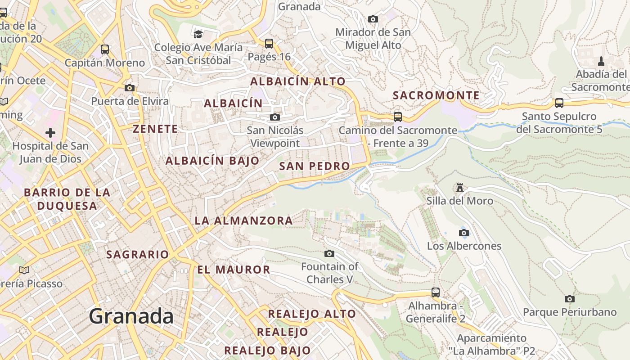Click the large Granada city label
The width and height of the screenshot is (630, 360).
pyautogui.click(x=131, y=316)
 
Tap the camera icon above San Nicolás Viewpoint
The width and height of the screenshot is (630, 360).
pyautogui.click(x=274, y=117)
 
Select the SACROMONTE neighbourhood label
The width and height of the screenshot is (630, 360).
pyautogui.click(x=436, y=95)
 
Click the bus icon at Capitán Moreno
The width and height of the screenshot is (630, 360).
pyautogui.click(x=105, y=49)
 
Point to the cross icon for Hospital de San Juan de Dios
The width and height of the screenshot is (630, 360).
pyautogui.click(x=50, y=133)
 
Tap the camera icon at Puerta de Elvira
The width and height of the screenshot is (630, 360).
pyautogui.click(x=130, y=88)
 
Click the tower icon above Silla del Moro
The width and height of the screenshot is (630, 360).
pyautogui.click(x=459, y=187)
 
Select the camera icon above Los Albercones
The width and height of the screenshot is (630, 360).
pyautogui.click(x=463, y=233)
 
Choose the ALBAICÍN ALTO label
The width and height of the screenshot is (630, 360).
pyautogui.click(x=298, y=81)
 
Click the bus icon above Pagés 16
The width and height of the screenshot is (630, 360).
pyautogui.click(x=269, y=44)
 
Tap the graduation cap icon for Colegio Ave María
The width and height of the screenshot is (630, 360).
pyautogui.click(x=198, y=34)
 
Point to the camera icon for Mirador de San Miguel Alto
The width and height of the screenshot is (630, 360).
pyautogui.click(x=373, y=19)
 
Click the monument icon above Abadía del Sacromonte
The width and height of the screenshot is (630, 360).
pyautogui.click(x=601, y=61)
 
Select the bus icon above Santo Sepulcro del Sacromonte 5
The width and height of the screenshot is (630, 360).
pyautogui.click(x=559, y=103)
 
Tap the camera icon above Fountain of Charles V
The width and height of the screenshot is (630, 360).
pyautogui.click(x=329, y=253)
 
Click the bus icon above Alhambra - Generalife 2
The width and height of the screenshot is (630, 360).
pyautogui.click(x=435, y=292)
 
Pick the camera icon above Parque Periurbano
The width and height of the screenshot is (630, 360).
pyautogui.click(x=569, y=299)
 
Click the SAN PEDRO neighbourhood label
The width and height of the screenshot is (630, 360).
pyautogui.click(x=315, y=166)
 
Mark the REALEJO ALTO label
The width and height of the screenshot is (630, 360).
pyautogui.click(x=312, y=314)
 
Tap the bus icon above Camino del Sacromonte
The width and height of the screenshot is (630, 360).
pyautogui.click(x=398, y=117)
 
